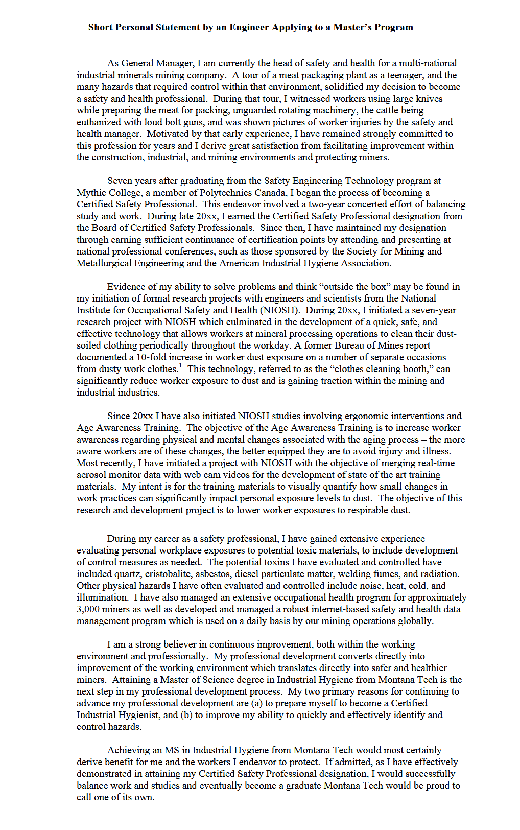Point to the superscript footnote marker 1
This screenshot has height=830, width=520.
coord(180,365)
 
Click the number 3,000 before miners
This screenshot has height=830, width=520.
coord(88,609)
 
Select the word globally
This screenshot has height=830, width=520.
coord(414,621)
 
